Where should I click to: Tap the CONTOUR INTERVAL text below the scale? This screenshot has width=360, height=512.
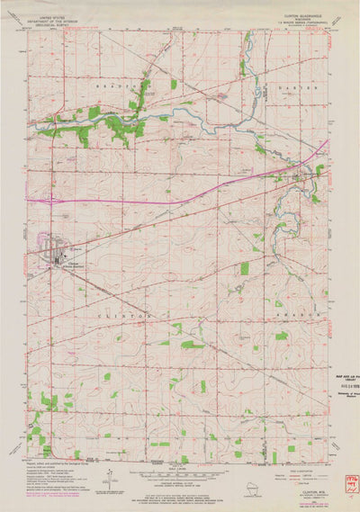pyautogui.click(x=180, y=492)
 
